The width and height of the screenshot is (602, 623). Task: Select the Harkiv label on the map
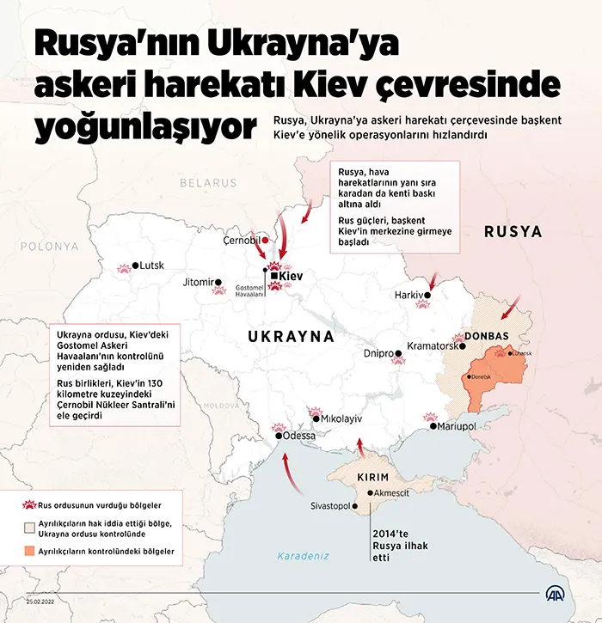[409, 294]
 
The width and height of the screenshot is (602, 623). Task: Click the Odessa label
[298, 436]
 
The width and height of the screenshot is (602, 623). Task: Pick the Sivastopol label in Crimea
[330, 506]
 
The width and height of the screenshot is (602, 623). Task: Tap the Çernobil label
[242, 240]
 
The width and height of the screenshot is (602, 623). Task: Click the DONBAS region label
[488, 335]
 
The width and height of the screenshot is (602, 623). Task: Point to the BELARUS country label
[207, 183]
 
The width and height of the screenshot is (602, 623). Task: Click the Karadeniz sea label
[303, 556]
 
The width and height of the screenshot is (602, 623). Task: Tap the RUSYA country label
[513, 231]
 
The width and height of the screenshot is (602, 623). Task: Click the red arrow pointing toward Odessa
[291, 473]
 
